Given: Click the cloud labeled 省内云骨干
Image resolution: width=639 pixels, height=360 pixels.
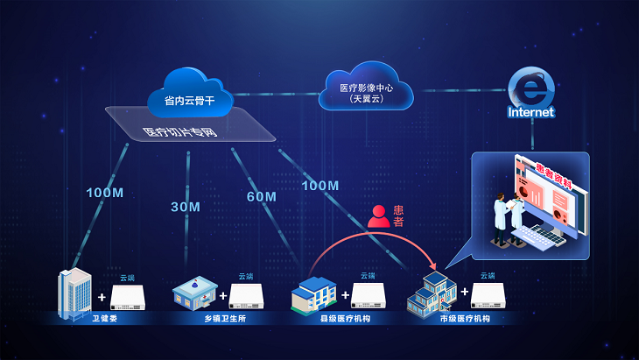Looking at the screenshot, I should [189, 91].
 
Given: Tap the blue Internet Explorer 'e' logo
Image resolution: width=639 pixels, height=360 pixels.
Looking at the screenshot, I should [530, 88].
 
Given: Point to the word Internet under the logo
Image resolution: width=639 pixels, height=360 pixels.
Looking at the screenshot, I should [530, 112].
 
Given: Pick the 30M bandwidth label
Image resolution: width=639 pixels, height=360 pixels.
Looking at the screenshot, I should [186, 207].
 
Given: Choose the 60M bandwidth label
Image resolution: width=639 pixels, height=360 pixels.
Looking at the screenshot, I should [261, 196].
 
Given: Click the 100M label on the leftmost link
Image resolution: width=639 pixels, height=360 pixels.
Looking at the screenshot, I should [103, 192].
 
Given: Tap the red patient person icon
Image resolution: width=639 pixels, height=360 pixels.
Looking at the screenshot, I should [378, 215].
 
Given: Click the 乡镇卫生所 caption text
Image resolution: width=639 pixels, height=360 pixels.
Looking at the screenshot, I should [212, 320].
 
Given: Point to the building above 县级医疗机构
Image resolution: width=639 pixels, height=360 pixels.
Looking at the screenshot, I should [312, 293].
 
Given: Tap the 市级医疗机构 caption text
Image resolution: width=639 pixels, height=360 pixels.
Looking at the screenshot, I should [465, 320].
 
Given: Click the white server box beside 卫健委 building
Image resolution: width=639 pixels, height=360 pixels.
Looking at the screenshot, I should [133, 298].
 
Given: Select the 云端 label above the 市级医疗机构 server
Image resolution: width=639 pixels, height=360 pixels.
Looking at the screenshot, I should [488, 276].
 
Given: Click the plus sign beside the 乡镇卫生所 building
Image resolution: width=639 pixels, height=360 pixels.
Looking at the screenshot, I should [223, 296].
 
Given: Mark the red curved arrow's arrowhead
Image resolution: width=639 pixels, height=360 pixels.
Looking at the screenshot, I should [433, 268].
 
